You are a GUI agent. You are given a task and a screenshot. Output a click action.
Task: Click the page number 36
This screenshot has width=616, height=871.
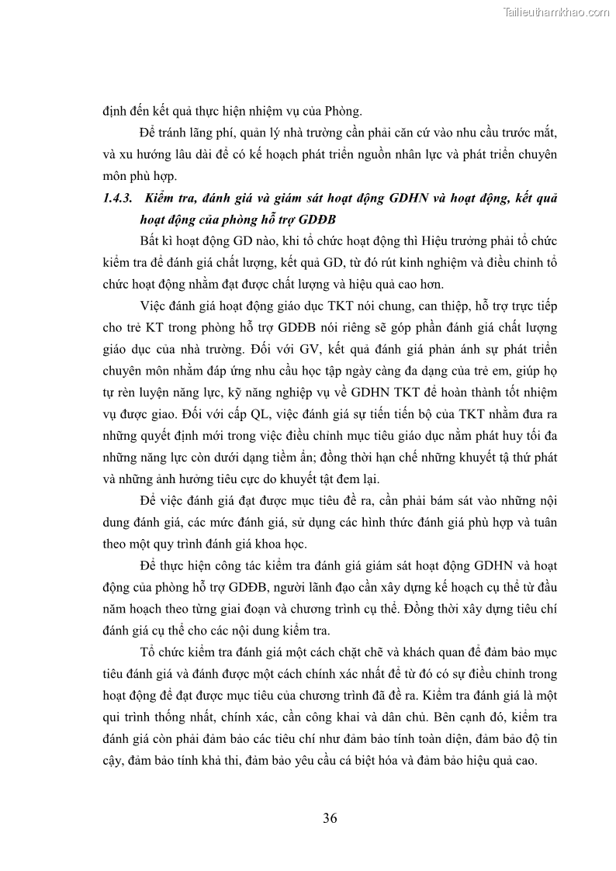330,817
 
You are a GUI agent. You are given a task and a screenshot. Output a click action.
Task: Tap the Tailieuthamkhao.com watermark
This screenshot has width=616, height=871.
556,12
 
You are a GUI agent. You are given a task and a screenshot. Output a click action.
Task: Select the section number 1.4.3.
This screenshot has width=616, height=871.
117,199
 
